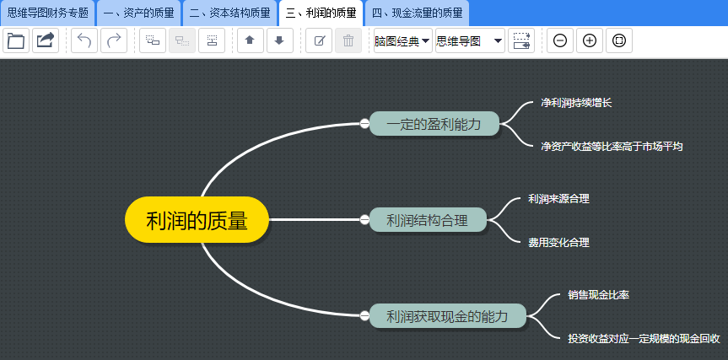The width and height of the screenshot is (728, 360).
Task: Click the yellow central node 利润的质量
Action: click(x=197, y=221)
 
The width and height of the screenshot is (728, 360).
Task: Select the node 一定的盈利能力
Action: click(x=434, y=124)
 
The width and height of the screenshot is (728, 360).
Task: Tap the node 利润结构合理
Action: click(x=428, y=220)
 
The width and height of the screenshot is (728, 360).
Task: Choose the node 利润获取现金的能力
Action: click(x=447, y=317)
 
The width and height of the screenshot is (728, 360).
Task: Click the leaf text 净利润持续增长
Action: click(x=576, y=102)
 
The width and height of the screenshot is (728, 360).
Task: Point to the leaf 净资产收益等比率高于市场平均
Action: click(x=612, y=146)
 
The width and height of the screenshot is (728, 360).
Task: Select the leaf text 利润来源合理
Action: click(x=558, y=199)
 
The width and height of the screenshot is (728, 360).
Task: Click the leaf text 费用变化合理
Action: click(x=558, y=242)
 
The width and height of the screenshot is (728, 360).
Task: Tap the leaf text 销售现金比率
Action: click(x=598, y=295)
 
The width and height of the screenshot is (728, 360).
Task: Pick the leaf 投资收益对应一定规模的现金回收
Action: click(x=644, y=338)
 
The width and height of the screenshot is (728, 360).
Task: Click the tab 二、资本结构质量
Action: click(x=229, y=13)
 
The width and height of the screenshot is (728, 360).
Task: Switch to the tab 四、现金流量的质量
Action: click(x=417, y=13)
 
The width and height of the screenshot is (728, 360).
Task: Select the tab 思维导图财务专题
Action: click(x=48, y=13)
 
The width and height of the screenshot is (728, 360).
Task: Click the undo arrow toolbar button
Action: click(x=84, y=40)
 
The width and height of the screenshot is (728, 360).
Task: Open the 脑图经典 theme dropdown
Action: click(x=402, y=40)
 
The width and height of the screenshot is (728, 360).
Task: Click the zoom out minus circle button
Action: click(x=560, y=40)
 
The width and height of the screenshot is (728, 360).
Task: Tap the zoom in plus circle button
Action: click(x=590, y=40)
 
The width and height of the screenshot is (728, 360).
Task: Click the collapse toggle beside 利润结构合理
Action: click(x=364, y=220)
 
